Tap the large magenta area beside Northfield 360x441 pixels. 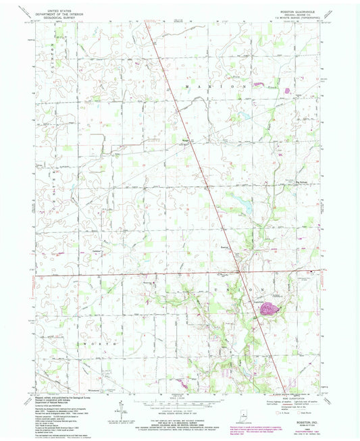268,309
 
